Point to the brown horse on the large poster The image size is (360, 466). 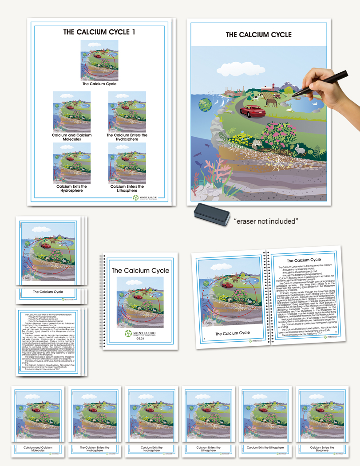click(270, 103)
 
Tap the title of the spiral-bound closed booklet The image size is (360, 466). click(140, 270)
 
